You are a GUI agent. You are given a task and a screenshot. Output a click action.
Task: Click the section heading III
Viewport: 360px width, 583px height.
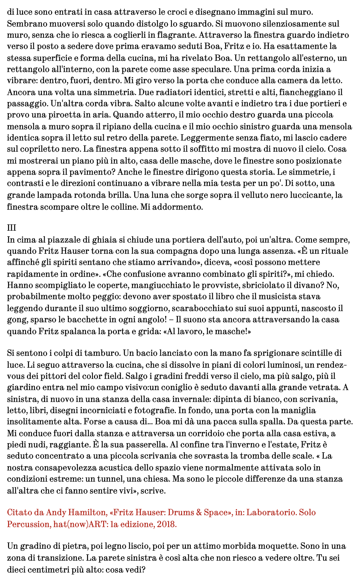point(12,228)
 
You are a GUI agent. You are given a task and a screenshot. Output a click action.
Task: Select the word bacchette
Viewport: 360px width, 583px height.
point(86,320)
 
